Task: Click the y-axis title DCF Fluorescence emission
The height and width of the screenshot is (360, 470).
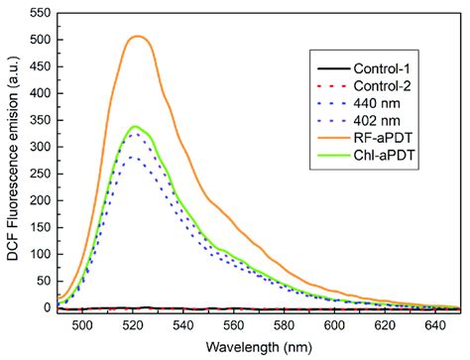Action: coord(13,164)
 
